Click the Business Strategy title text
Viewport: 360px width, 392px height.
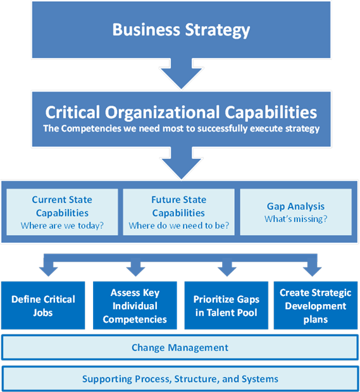tap(181, 30)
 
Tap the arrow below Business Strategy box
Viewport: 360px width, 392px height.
tap(182, 74)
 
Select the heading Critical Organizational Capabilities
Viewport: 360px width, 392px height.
tap(181, 113)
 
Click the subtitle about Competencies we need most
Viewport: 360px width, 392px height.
tap(181, 128)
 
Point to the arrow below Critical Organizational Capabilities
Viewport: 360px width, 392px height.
tap(182, 163)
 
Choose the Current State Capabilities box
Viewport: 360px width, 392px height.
tap(62, 212)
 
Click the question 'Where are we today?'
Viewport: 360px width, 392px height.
tap(62, 226)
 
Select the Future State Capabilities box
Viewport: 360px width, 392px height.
tap(178, 212)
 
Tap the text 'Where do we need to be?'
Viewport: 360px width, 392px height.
tap(178, 226)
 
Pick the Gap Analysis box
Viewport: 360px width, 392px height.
tap(295, 212)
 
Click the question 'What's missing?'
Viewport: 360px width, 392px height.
tap(295, 219)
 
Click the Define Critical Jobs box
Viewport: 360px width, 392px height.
tap(43, 305)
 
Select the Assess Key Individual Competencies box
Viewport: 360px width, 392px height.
tap(135, 305)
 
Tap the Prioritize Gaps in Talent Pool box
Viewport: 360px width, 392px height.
tap(226, 305)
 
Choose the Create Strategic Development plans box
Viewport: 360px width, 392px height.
tap(316, 305)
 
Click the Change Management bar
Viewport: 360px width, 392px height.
tap(180, 348)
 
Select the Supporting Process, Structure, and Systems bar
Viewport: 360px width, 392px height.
tap(180, 379)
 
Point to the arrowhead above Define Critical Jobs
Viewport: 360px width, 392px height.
tap(49, 271)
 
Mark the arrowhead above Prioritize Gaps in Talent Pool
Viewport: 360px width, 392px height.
tap(227, 271)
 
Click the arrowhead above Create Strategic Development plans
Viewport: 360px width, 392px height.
tap(312, 271)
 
